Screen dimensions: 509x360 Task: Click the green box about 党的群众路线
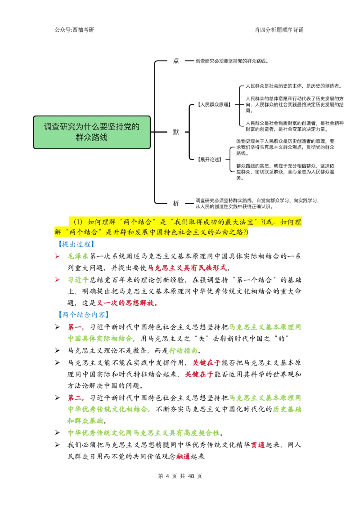pyautogui.click(x=92, y=132)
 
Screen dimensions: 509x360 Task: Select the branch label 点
pyautogui.click(x=176, y=61)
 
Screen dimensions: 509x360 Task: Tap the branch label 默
pyautogui.click(x=176, y=132)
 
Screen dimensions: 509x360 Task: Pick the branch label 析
pyautogui.click(x=176, y=203)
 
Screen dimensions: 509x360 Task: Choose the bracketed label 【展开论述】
pyautogui.click(x=210, y=159)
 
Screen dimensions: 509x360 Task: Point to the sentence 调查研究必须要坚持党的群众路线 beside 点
pyautogui.click(x=232, y=61)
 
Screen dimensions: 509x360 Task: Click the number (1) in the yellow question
pyautogui.click(x=79, y=222)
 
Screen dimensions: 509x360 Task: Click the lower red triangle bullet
pyautogui.click(x=57, y=280)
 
